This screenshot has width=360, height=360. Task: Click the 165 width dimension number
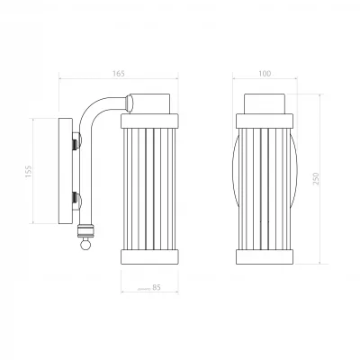tap(119, 74)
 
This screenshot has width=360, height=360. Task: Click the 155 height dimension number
tap(28, 171)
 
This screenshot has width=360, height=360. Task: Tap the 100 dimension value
tap(265, 74)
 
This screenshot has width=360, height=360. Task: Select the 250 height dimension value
tap(316, 178)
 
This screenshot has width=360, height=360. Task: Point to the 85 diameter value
tap(157, 287)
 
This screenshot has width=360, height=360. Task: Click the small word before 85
tap(144, 289)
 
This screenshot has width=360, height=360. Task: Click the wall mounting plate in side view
tap(66, 171)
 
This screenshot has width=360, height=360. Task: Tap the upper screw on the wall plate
tap(76, 140)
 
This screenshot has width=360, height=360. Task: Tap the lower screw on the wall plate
tap(76, 201)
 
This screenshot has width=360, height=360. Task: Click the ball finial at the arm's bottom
tap(85, 245)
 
